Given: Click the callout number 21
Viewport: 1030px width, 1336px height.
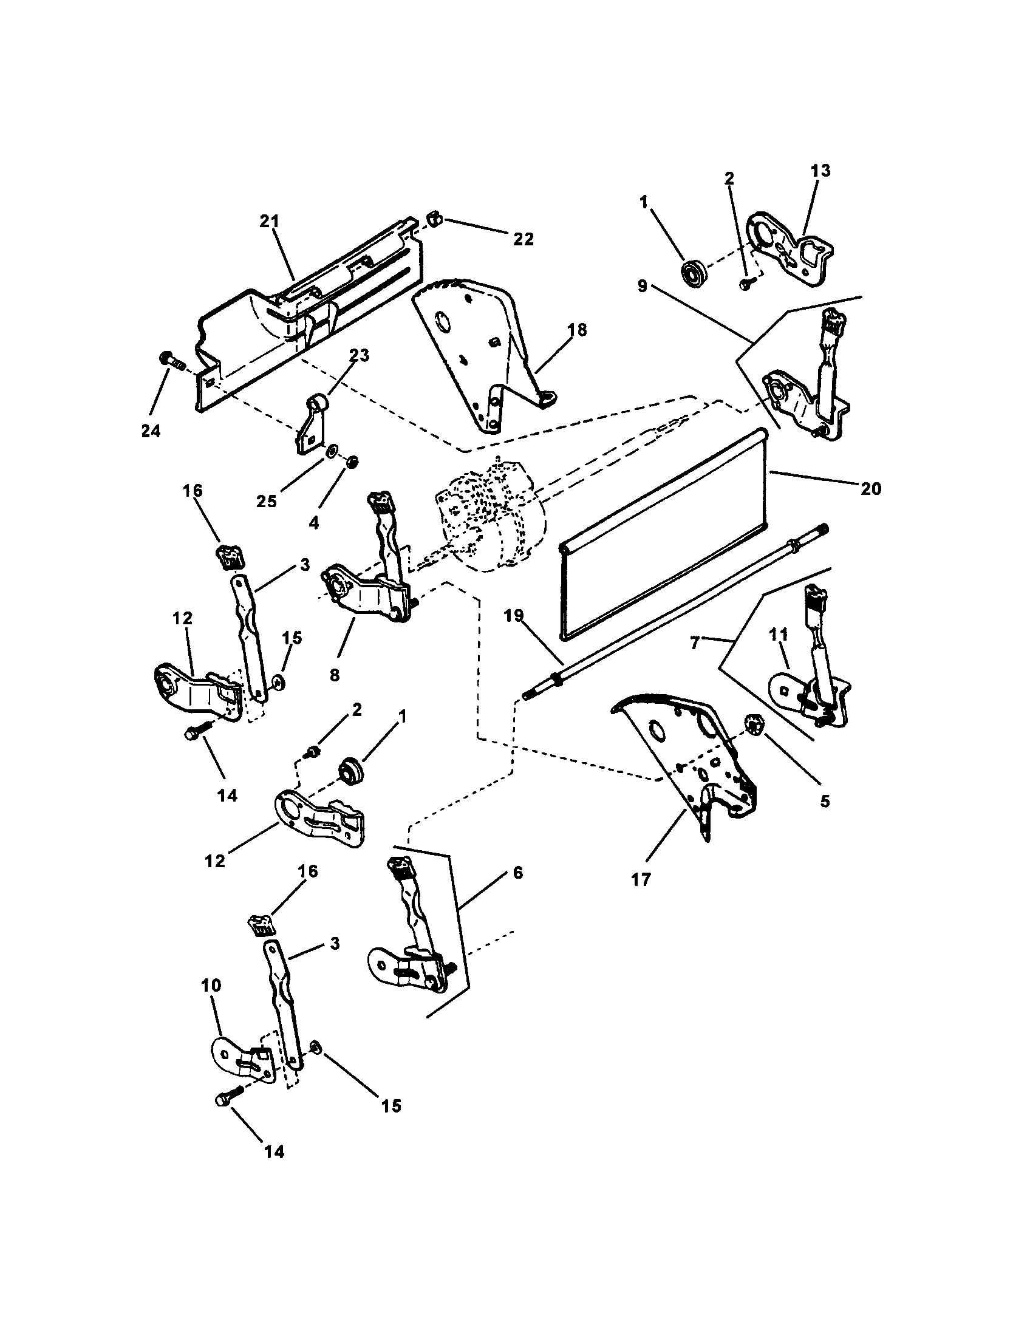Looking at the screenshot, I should click(269, 222).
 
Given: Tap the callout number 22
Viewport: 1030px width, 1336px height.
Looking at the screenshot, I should click(523, 239).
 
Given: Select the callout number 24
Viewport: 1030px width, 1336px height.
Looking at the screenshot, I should click(151, 431).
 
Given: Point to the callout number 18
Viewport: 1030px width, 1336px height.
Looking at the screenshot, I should click(577, 330).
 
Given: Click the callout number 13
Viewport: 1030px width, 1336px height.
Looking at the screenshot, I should click(820, 171).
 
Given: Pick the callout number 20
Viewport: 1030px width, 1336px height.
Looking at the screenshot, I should click(871, 489).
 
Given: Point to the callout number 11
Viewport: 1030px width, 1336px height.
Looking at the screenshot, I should click(778, 635).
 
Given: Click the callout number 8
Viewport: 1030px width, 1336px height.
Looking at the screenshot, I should click(334, 675).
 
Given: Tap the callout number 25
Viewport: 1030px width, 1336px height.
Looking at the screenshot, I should click(267, 502).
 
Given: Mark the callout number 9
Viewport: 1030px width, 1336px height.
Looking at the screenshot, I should click(642, 286).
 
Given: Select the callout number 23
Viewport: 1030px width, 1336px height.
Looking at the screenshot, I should click(360, 355).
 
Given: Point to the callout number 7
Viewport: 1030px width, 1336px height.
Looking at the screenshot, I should click(695, 644).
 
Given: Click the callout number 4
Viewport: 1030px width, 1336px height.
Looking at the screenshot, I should click(314, 523).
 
